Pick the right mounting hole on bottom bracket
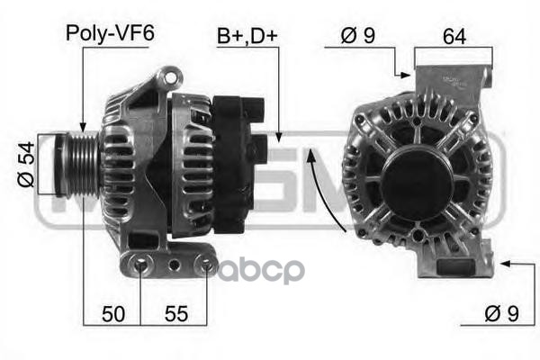pyautogui.click(x=206, y=265)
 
